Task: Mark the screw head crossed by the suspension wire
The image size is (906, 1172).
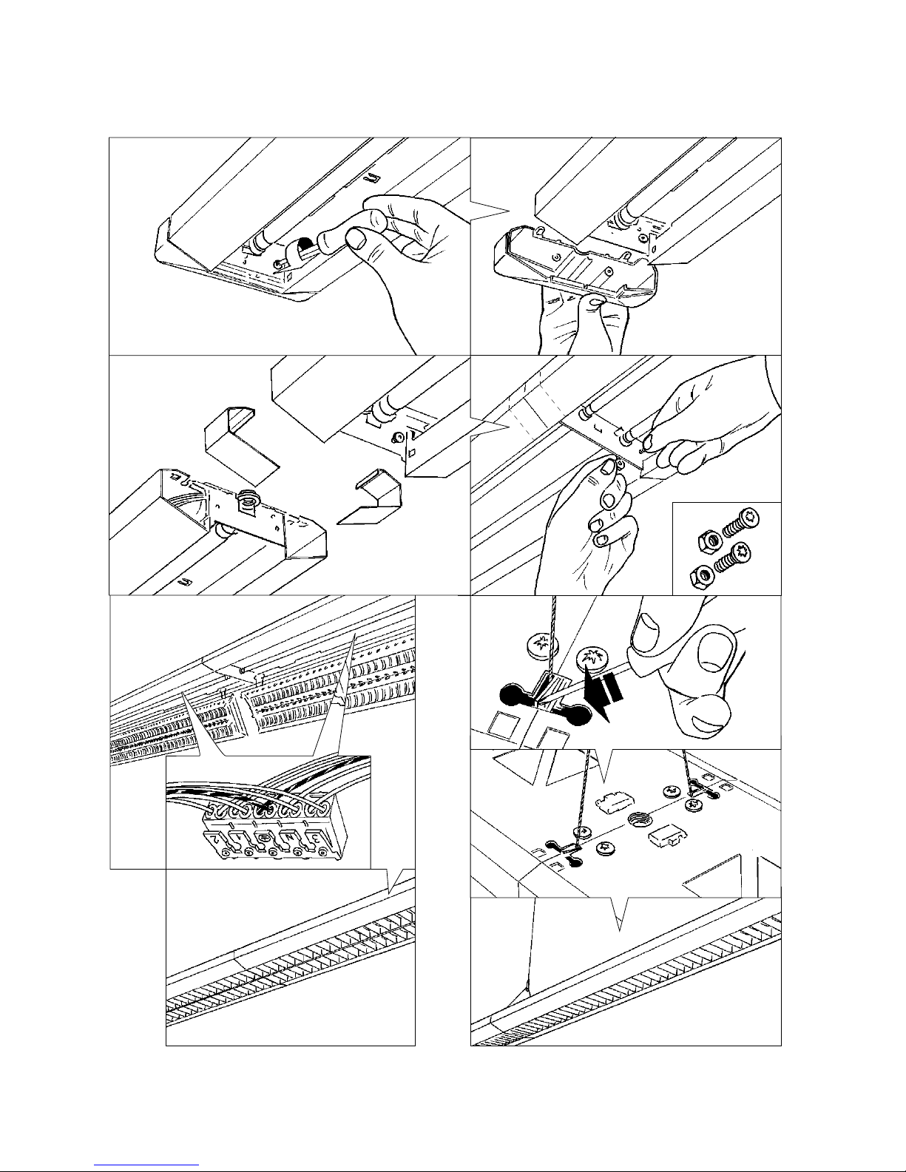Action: (538, 646)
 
